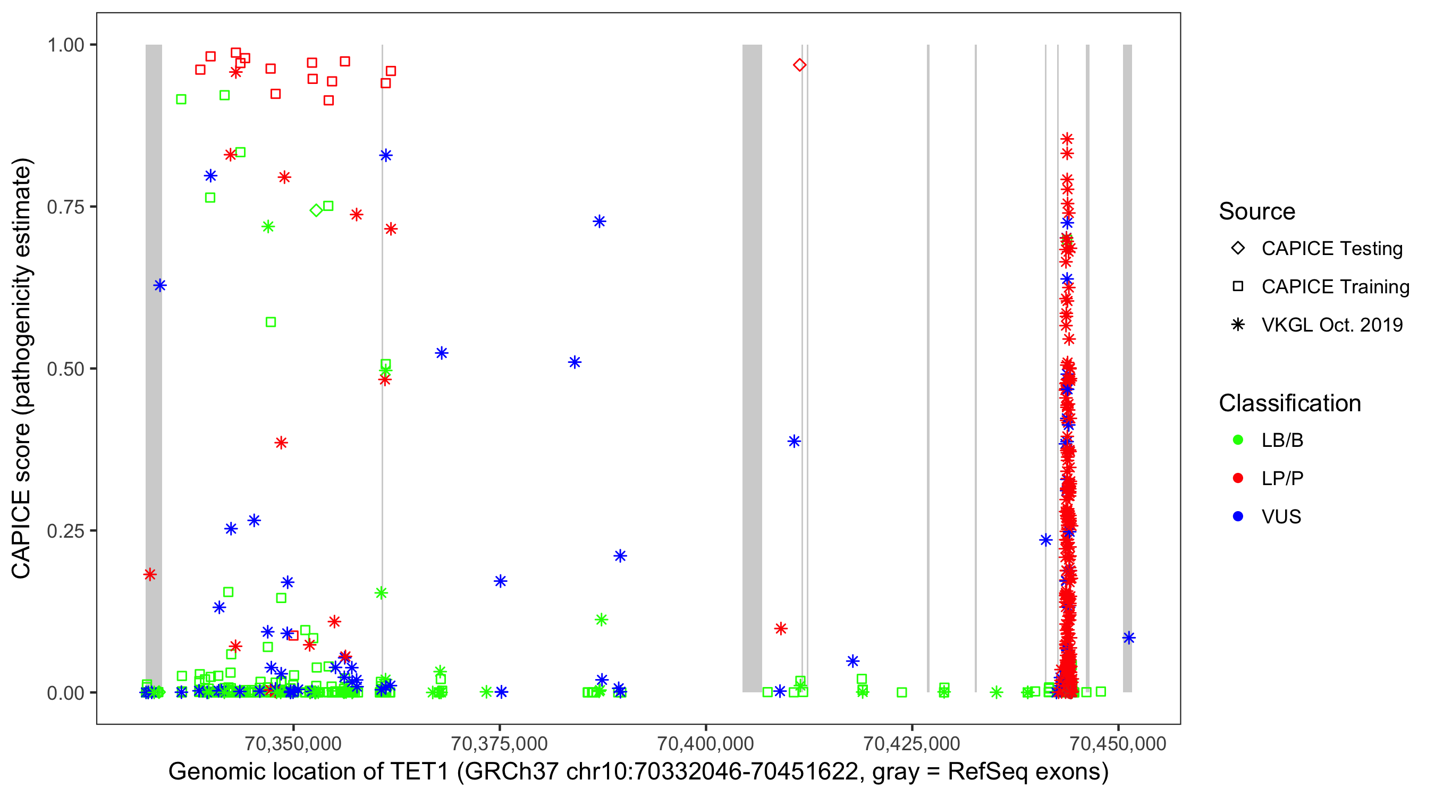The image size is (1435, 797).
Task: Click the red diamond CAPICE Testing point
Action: (799, 65)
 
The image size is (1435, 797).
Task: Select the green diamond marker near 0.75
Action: (316, 210)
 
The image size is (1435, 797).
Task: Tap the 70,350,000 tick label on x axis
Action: (293, 743)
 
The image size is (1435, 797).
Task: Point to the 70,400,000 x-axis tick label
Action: (705, 743)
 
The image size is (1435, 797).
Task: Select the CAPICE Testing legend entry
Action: (1331, 249)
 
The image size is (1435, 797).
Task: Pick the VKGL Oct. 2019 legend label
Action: (1332, 325)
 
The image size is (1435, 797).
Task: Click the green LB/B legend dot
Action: (1238, 440)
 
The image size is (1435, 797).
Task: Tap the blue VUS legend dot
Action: (1238, 516)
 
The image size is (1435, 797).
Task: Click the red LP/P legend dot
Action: (1238, 478)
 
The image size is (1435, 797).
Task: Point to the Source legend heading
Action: (1257, 211)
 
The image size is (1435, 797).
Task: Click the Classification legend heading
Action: (1289, 403)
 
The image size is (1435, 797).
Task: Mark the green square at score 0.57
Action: (271, 322)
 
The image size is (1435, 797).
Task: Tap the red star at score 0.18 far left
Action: (150, 574)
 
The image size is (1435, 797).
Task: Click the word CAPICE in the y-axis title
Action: (21, 534)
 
